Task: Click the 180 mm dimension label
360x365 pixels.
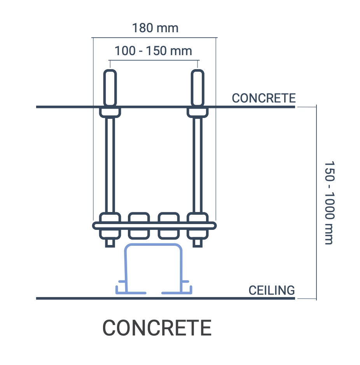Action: click(x=155, y=28)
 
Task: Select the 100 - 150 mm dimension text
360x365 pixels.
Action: click(x=154, y=51)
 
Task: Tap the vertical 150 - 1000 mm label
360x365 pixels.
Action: click(x=329, y=203)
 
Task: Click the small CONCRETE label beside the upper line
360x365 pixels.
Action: click(x=264, y=98)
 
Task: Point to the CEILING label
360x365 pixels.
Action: click(x=271, y=290)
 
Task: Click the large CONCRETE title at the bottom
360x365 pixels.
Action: click(x=157, y=328)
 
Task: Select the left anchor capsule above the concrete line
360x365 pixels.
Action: click(x=110, y=88)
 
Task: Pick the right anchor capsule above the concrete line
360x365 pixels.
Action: click(x=197, y=88)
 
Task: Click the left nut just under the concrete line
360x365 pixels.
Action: click(x=110, y=113)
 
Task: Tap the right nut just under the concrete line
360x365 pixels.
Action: click(x=197, y=113)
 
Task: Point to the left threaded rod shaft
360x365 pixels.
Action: click(x=110, y=163)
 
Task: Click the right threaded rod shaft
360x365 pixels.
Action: click(x=197, y=163)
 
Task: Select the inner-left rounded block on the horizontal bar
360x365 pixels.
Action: click(x=139, y=225)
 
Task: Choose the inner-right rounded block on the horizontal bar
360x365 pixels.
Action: click(x=169, y=225)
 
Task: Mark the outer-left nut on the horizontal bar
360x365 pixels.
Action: click(x=110, y=225)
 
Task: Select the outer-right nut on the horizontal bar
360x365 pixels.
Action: click(x=197, y=225)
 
